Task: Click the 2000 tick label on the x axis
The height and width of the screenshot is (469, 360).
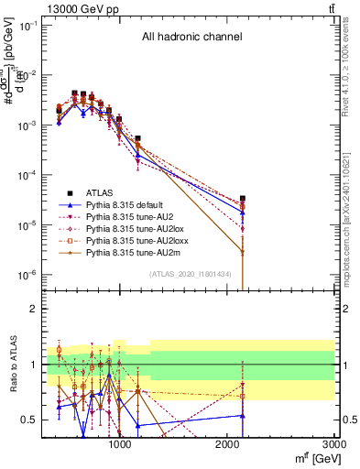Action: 227,444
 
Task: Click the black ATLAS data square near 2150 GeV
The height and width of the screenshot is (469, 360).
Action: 243,198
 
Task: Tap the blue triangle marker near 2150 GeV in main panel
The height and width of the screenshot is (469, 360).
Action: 243,213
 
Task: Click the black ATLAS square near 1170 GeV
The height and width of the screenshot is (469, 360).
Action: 137,138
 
